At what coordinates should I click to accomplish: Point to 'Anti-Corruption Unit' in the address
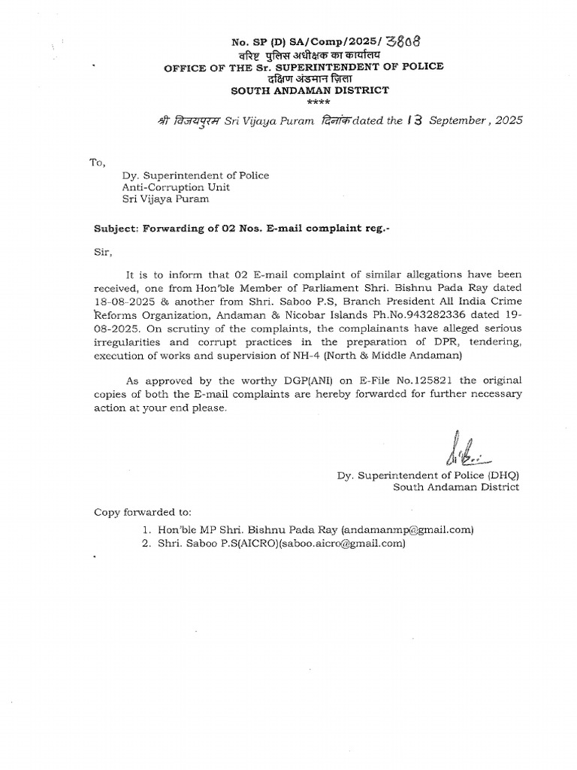pos(177,187)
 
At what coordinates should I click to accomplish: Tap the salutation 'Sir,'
pos(102,254)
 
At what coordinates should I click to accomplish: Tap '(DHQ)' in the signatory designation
pos(501,474)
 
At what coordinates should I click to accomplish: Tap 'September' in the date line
pos(464,120)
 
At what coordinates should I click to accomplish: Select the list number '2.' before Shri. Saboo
pos(148,543)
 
